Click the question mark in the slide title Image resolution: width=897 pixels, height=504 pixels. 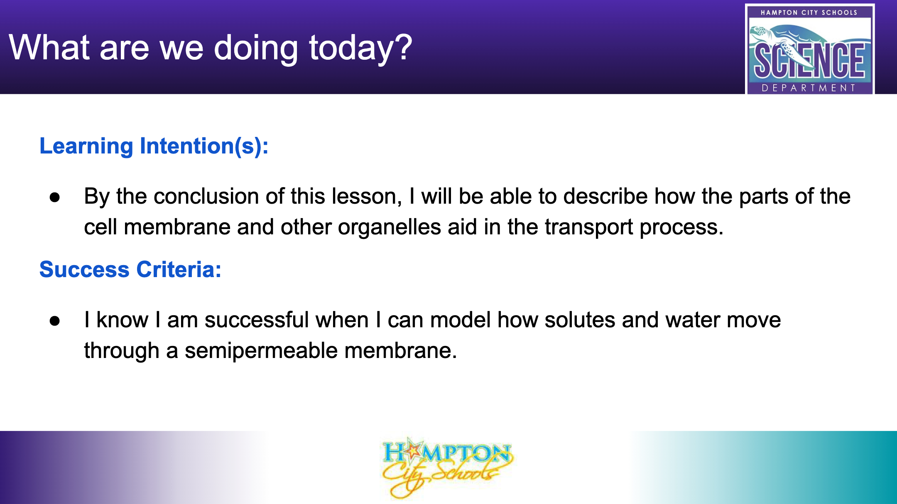(402, 46)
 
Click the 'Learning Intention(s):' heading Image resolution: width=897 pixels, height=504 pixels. (154, 146)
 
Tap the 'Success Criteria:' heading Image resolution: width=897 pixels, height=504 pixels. (130, 270)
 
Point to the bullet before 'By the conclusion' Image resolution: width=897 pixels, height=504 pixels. (54, 197)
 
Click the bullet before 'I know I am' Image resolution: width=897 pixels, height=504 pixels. (54, 321)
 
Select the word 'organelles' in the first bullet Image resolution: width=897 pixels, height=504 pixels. (390, 228)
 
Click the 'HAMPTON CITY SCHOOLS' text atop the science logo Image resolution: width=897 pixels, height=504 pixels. (809, 12)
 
